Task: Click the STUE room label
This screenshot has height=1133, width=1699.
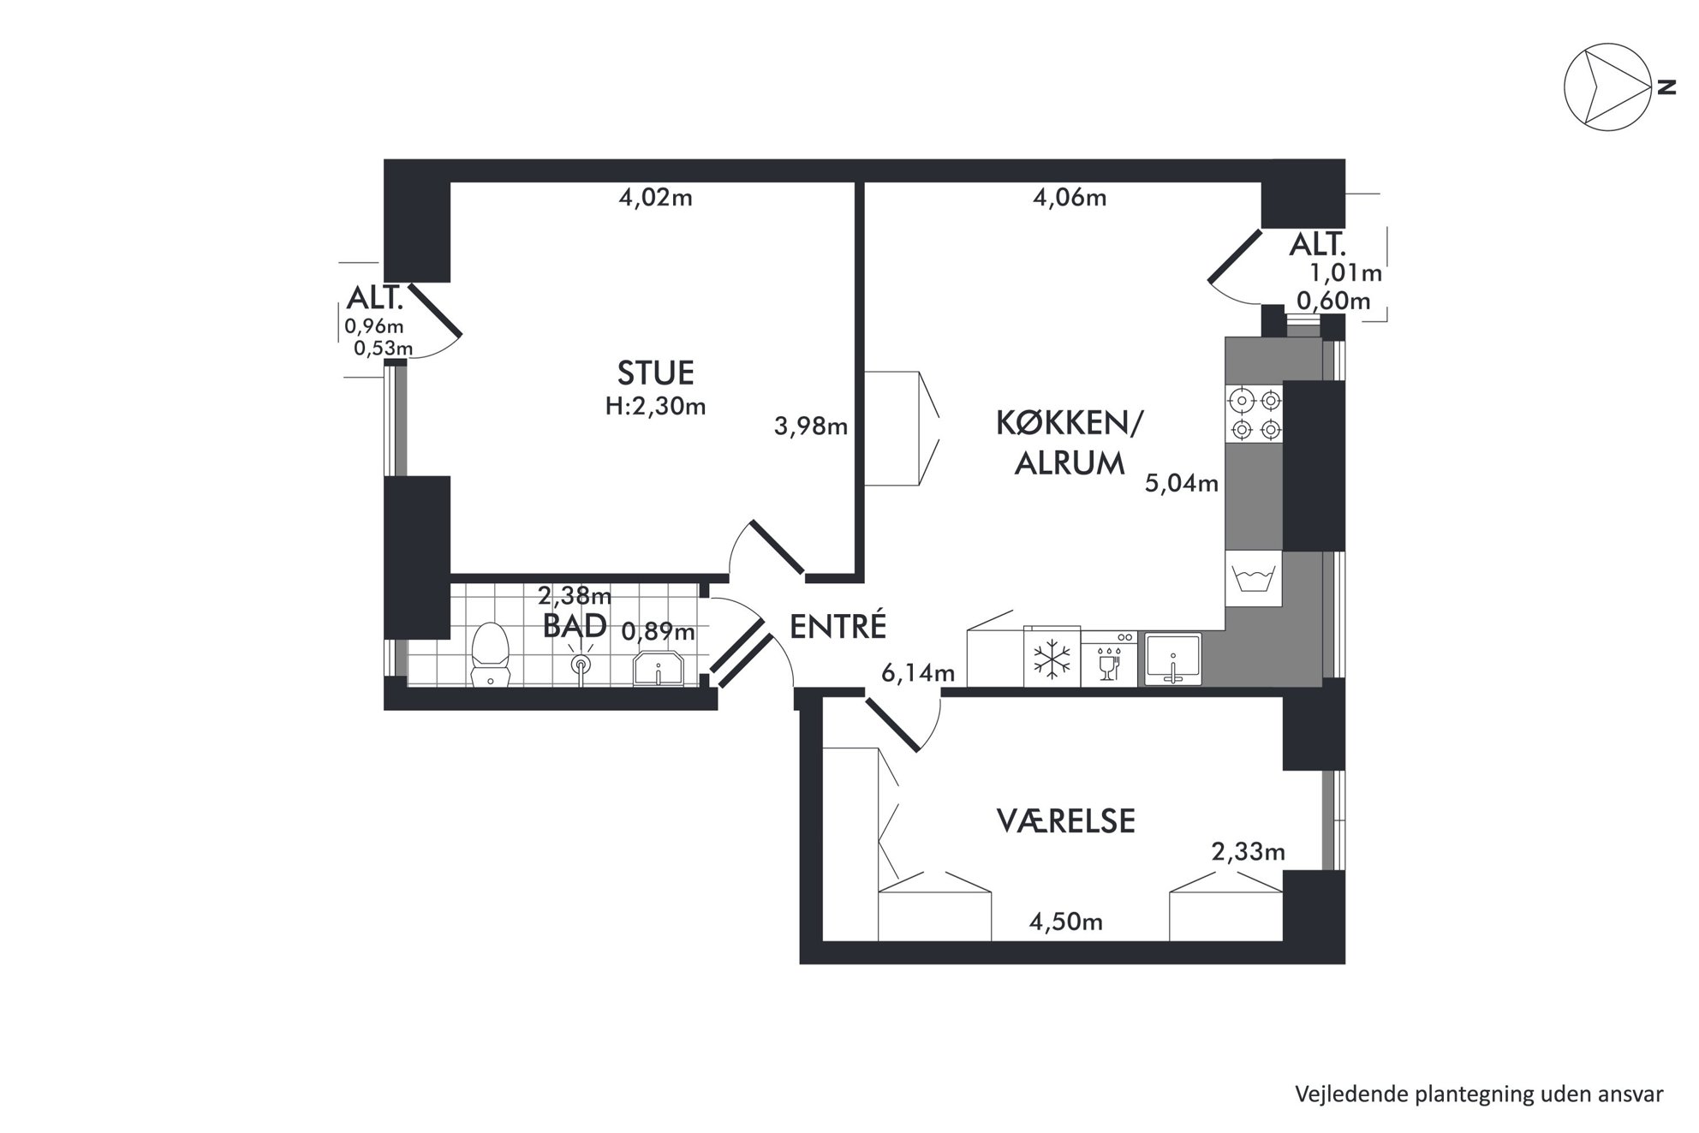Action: (655, 373)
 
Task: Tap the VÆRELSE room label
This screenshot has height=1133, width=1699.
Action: (1066, 821)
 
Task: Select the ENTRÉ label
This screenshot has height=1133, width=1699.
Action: (838, 627)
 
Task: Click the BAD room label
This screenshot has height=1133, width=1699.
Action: (575, 626)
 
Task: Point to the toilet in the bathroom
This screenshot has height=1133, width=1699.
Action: (491, 654)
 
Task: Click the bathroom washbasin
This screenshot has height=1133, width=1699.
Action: (658, 668)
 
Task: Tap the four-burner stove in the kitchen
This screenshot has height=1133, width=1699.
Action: (1254, 414)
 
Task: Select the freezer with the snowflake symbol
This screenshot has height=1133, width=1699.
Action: (1052, 659)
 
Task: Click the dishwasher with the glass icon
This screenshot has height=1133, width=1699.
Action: (1109, 659)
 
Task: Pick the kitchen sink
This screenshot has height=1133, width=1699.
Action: (1173, 659)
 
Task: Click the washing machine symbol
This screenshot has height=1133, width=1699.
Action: (1254, 578)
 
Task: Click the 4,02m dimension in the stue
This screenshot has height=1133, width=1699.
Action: (655, 198)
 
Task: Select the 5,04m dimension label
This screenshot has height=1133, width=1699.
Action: (1182, 484)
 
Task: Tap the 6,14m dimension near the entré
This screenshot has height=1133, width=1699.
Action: (918, 673)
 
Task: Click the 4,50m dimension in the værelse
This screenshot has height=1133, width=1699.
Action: (1065, 921)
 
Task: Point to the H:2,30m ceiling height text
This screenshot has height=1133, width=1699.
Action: (655, 407)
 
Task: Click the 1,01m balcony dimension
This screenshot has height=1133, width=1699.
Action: (1346, 273)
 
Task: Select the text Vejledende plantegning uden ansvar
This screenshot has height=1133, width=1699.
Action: (1479, 1094)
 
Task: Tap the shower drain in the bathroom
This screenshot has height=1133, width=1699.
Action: (581, 665)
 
